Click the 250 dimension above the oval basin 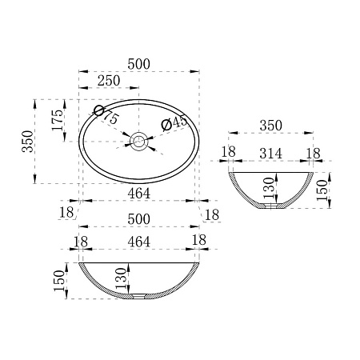pyautogui.click(x=109, y=81)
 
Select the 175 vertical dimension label pyautogui.click(x=58, y=120)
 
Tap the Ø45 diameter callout pyautogui.click(x=174, y=123)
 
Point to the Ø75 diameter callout pyautogui.click(x=106, y=114)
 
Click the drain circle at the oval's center pyautogui.click(x=139, y=141)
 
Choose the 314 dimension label pyautogui.click(x=270, y=154)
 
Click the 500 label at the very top pyautogui.click(x=138, y=64)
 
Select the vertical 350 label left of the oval pyautogui.click(x=28, y=142)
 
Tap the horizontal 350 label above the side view pyautogui.click(x=270, y=126)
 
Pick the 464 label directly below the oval pyautogui.click(x=138, y=194)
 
